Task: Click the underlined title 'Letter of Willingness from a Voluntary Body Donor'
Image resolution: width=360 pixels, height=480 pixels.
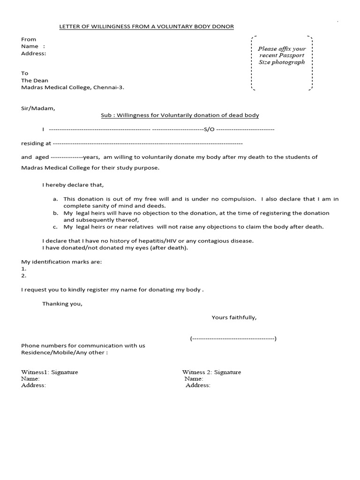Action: pyautogui.click(x=146, y=27)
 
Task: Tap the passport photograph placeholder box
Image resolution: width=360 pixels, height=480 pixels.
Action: pyautogui.click(x=282, y=62)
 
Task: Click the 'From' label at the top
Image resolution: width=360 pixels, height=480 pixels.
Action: pyautogui.click(x=29, y=39)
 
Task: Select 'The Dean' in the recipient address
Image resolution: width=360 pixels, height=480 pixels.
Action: pyautogui.click(x=35, y=80)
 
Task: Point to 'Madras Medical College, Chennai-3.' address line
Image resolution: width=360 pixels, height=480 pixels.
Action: pyautogui.click(x=73, y=87)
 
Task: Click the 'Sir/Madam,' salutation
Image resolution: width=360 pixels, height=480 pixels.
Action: pyautogui.click(x=38, y=108)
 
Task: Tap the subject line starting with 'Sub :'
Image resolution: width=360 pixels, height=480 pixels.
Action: pyautogui.click(x=180, y=115)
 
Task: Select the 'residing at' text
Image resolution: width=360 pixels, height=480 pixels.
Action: pyautogui.click(x=36, y=143)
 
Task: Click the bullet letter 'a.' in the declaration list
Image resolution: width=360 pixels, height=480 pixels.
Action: pyautogui.click(x=55, y=199)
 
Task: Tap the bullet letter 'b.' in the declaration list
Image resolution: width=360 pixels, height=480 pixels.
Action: pyautogui.click(x=55, y=213)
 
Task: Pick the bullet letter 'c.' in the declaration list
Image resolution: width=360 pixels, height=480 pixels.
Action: pyautogui.click(x=55, y=227)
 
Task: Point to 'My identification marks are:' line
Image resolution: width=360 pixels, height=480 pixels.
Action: pyautogui.click(x=61, y=262)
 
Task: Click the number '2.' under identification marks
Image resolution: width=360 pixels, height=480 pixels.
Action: pyautogui.click(x=24, y=276)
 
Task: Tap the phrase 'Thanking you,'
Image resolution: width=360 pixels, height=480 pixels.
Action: pyautogui.click(x=62, y=303)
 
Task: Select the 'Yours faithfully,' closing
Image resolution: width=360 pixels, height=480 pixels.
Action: pyautogui.click(x=234, y=317)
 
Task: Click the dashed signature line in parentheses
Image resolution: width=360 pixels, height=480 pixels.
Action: pyautogui.click(x=233, y=338)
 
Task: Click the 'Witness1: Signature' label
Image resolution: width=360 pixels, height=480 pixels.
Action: pyautogui.click(x=50, y=372)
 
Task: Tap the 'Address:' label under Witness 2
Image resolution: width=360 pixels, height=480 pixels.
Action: pyautogui.click(x=198, y=385)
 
